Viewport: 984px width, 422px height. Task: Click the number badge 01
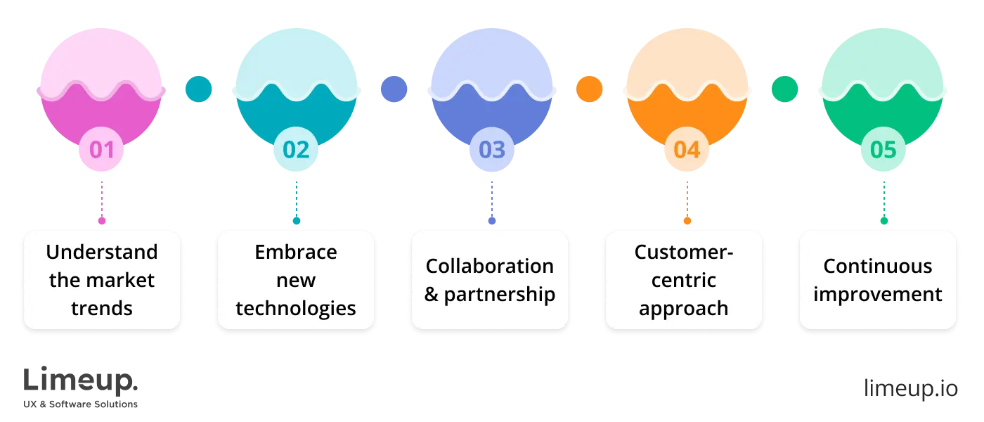[101, 149]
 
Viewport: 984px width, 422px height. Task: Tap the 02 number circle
[296, 149]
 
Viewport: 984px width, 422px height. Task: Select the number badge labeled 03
[491, 149]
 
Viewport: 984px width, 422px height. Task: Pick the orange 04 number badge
[687, 149]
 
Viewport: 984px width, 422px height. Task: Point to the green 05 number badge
[883, 149]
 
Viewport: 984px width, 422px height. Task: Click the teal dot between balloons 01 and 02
[199, 89]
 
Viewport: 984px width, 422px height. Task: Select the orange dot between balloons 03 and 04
[589, 89]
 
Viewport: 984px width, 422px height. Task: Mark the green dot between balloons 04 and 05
[784, 89]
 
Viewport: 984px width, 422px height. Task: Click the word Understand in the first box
[102, 252]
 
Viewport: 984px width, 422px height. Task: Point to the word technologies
[296, 309]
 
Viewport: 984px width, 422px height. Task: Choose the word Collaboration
[490, 267]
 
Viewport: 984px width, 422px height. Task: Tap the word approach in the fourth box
[684, 309]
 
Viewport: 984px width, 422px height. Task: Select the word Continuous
[878, 267]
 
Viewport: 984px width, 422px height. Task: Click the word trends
[102, 309]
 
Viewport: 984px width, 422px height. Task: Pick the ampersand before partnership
[432, 294]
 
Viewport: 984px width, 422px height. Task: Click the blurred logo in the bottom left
[81, 387]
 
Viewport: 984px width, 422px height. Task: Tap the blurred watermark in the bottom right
[910, 388]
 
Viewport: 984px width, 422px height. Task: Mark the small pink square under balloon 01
[101, 220]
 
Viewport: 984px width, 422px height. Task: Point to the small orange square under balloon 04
[687, 220]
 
